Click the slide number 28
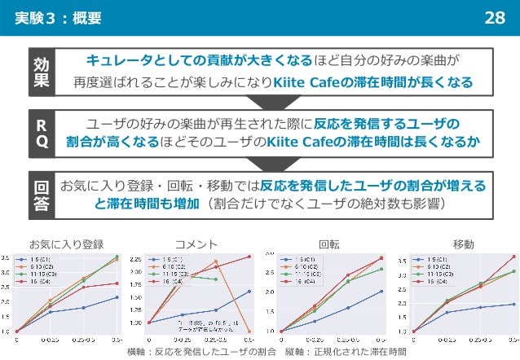pyautogui.click(x=494, y=17)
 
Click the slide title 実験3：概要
pyautogui.click(x=59, y=17)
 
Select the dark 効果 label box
pyautogui.click(x=41, y=72)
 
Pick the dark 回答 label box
pyautogui.click(x=41, y=195)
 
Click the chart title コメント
pyautogui.click(x=196, y=244)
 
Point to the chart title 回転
pyautogui.click(x=329, y=244)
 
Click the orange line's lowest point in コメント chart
pyautogui.click(x=249, y=331)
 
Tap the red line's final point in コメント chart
pyautogui.click(x=249, y=257)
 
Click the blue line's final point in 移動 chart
pyautogui.click(x=514, y=304)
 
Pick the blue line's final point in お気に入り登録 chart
pyautogui.click(x=117, y=297)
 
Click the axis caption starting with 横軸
pyautogui.click(x=260, y=351)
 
